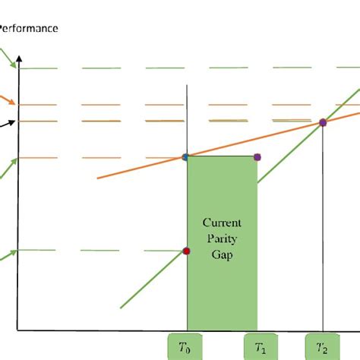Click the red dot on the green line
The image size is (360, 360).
pyautogui.click(x=187, y=251)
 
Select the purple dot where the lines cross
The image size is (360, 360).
pyautogui.click(x=323, y=122)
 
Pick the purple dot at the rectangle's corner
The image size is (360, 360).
pyautogui.click(x=257, y=157)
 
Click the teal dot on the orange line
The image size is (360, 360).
pyautogui.click(x=186, y=157)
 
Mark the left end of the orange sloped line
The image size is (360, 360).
pyautogui.click(x=99, y=178)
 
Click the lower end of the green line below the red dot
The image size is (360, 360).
pyautogui.click(x=122, y=308)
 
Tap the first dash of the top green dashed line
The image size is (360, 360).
pyautogui.click(x=38, y=68)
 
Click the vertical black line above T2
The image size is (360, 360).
pyautogui.click(x=323, y=228)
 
